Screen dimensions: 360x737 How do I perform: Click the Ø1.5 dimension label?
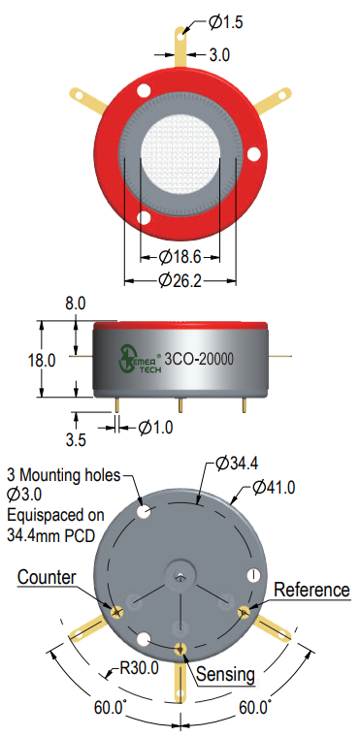coord(226,22)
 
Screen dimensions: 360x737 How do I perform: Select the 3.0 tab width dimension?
coord(219,55)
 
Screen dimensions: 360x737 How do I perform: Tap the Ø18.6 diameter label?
coord(180,257)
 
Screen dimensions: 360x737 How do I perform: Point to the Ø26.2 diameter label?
coord(180,281)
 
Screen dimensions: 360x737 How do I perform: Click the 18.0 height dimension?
coord(42,361)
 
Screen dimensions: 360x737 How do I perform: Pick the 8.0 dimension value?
coord(76,304)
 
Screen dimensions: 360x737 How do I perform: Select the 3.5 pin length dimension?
coord(76,440)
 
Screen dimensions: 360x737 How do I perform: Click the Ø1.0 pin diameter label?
coord(156,428)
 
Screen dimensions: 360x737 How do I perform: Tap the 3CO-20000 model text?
coord(201,360)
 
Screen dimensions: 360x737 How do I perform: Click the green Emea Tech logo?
coord(141,359)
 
